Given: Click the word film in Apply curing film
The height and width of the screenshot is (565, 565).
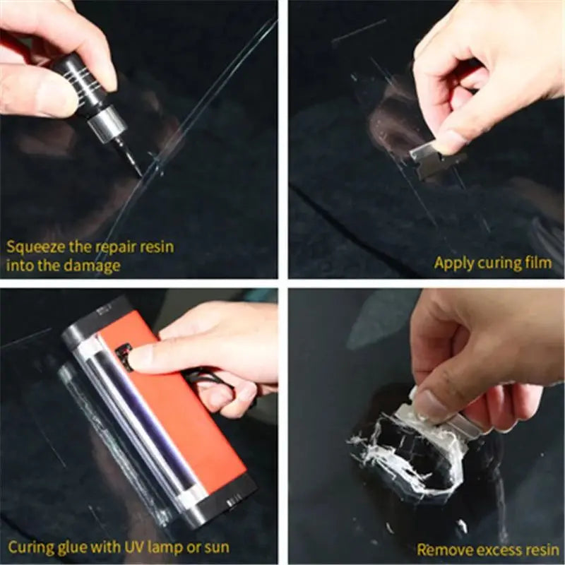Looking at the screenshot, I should click(x=539, y=263).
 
